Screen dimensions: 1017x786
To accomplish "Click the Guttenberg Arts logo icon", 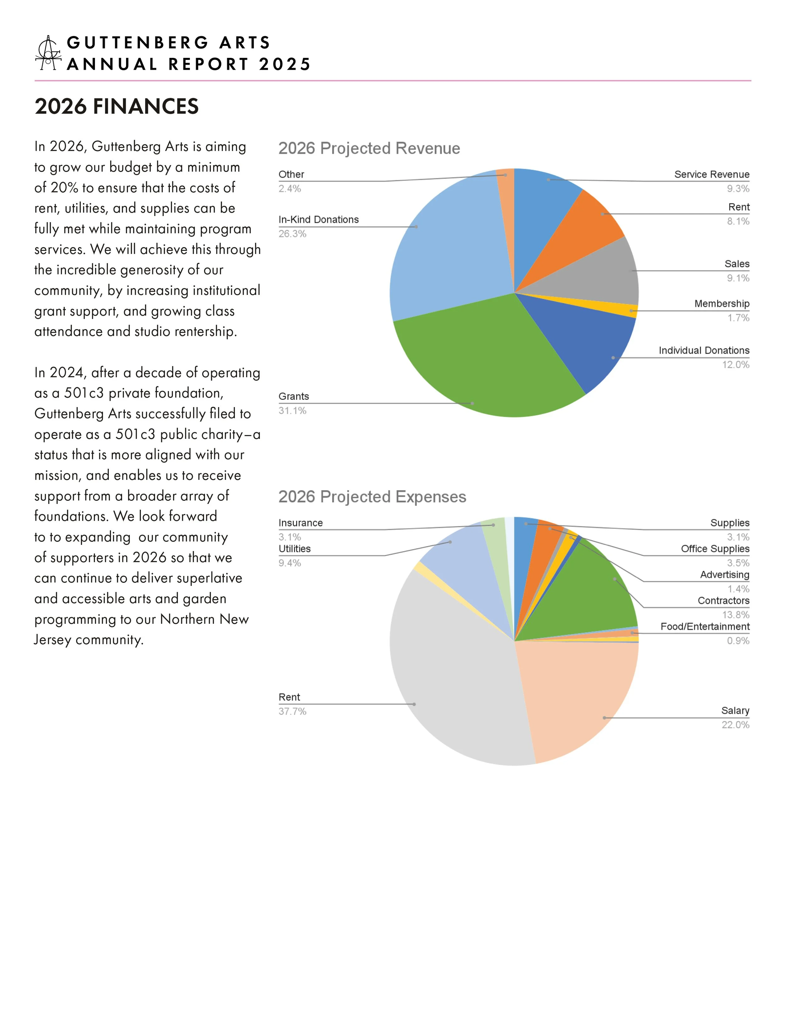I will [x=48, y=53].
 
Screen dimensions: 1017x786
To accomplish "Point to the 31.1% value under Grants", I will [x=292, y=411].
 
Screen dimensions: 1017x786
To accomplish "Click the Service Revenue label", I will [x=711, y=174].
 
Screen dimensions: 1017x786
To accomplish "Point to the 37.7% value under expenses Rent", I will [x=292, y=711].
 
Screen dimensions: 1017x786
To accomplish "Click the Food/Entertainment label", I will [x=705, y=627].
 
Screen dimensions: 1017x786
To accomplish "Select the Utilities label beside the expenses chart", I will [x=294, y=549].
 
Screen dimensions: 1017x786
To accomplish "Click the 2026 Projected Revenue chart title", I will [x=369, y=149].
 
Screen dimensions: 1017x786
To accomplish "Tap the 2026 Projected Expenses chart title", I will [x=372, y=497].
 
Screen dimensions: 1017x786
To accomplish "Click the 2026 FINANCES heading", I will [x=116, y=106].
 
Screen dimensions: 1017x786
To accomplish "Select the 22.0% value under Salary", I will [x=735, y=725].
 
